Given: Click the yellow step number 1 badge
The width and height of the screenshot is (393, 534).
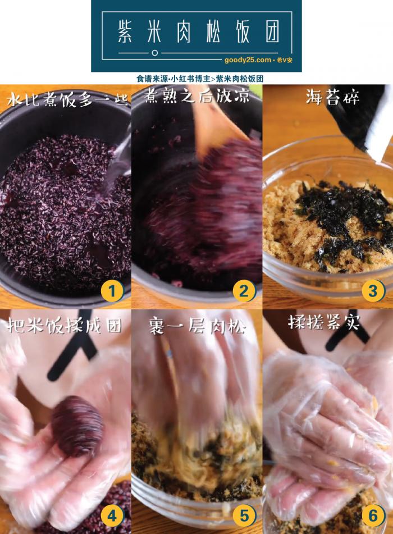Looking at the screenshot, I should pyautogui.click(x=112, y=291).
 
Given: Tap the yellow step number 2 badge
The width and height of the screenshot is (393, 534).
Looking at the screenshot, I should pyautogui.click(x=243, y=291).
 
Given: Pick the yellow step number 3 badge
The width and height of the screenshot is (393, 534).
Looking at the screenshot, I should pyautogui.click(x=373, y=291).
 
